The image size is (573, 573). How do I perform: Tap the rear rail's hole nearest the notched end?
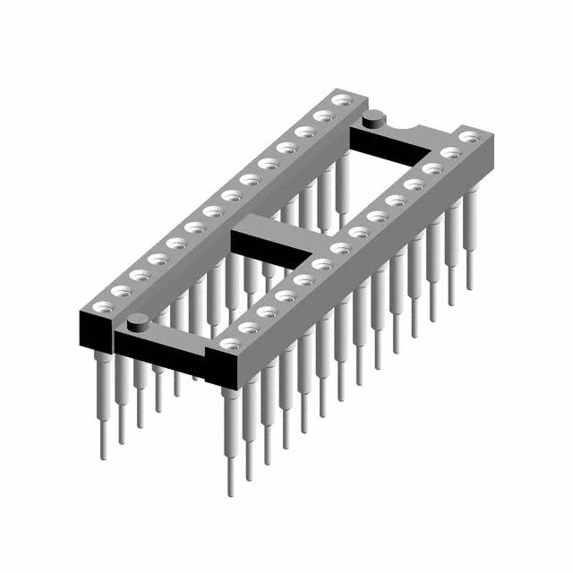[x=340, y=103]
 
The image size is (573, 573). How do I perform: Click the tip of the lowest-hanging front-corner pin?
[x=231, y=491]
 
